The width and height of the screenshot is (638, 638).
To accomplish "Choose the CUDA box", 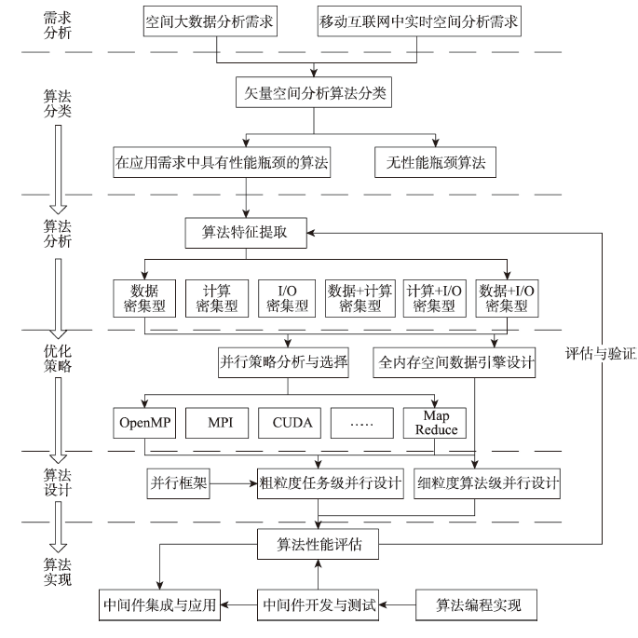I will (x=285, y=422).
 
